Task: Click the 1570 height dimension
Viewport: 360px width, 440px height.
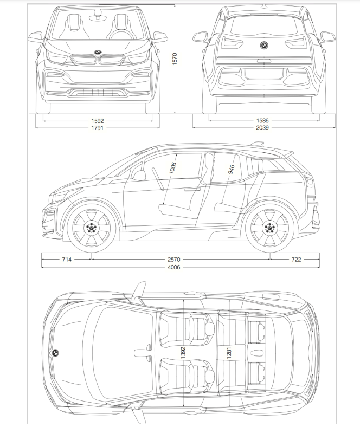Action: pyautogui.click(x=175, y=59)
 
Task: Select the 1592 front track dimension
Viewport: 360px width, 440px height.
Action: pyautogui.click(x=98, y=121)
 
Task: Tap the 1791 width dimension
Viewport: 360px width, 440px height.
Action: pyautogui.click(x=98, y=128)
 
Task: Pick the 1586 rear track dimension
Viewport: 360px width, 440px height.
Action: pyautogui.click(x=262, y=121)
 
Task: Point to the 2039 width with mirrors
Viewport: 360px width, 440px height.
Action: pyautogui.click(x=262, y=128)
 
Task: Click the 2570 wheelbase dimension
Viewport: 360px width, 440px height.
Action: pyautogui.click(x=174, y=260)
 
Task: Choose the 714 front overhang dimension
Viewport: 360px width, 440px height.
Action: pyautogui.click(x=67, y=260)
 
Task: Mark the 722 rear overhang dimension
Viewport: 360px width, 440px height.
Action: pyautogui.click(x=296, y=260)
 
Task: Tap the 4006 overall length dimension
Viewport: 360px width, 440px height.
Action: pyautogui.click(x=174, y=267)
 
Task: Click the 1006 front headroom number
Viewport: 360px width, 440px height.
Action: pyautogui.click(x=173, y=168)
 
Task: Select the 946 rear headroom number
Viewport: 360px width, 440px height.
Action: pyautogui.click(x=232, y=169)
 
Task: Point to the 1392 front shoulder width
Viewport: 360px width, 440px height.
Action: pyautogui.click(x=183, y=352)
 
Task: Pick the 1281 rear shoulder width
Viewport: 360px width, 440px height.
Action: pyautogui.click(x=229, y=353)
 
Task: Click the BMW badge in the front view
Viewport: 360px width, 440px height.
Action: pyautogui.click(x=98, y=52)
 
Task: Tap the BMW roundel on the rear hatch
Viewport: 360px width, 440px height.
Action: pyautogui.click(x=263, y=45)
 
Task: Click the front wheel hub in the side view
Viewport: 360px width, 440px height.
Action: pyautogui.click(x=91, y=227)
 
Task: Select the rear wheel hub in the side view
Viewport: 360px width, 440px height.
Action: pyautogui.click(x=269, y=227)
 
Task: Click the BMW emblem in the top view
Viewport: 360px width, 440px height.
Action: pyautogui.click(x=55, y=353)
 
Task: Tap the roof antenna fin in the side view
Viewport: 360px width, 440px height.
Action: pyautogui.click(x=258, y=144)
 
